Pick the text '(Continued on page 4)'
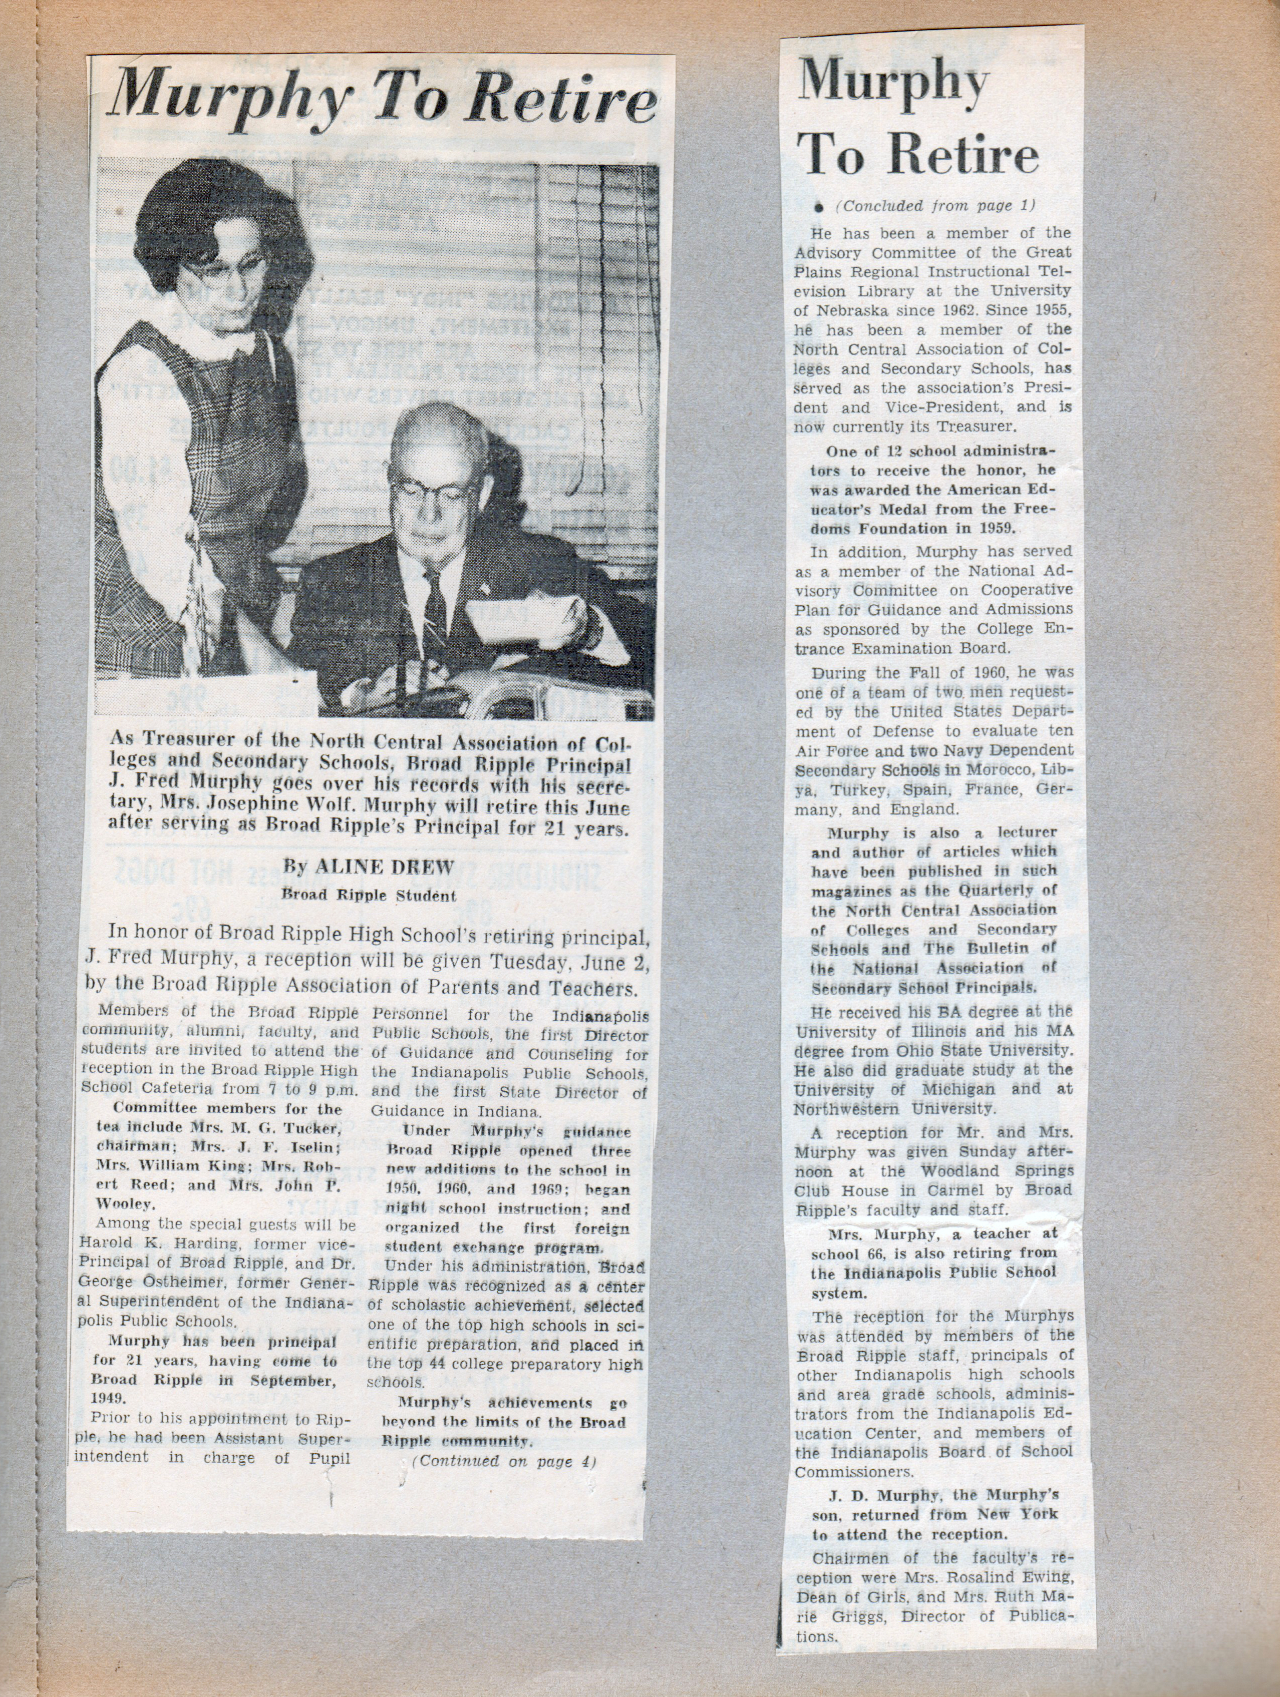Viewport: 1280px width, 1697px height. point(504,1462)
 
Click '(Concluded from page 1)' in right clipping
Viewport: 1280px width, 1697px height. point(934,206)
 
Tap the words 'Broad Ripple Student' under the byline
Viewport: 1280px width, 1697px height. point(369,895)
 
